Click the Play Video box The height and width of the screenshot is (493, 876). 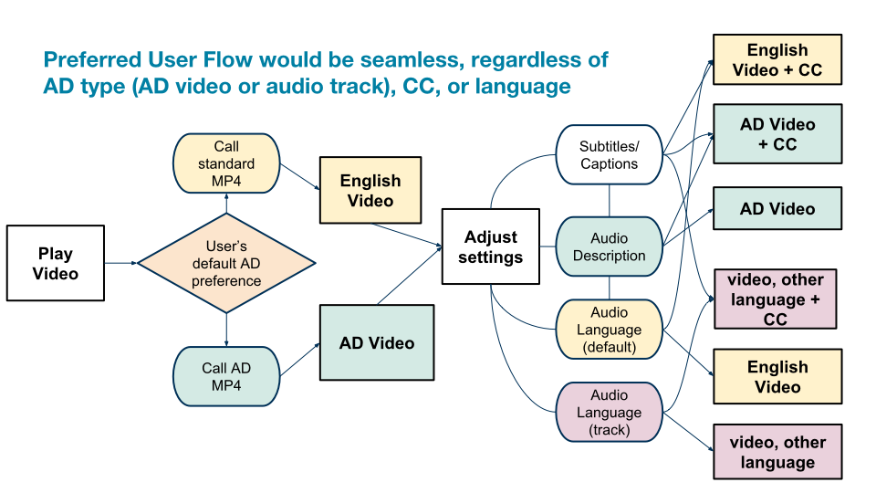[x=56, y=263]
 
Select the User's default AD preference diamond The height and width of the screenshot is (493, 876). [x=226, y=263]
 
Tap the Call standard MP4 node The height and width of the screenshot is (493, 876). [x=226, y=163]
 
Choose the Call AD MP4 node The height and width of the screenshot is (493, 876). [x=226, y=376]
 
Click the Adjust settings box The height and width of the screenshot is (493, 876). [x=491, y=246]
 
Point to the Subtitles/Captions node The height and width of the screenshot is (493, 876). [x=609, y=155]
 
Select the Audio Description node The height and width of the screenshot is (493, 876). [x=609, y=246]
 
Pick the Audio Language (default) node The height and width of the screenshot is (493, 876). [x=609, y=330]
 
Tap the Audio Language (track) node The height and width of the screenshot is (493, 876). [x=609, y=412]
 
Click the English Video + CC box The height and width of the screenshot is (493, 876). [x=777, y=60]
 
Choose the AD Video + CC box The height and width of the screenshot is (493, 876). [x=777, y=133]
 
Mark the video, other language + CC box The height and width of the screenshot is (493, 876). [x=775, y=299]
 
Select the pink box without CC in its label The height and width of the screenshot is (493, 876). [x=777, y=452]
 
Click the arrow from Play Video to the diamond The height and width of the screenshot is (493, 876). [x=120, y=263]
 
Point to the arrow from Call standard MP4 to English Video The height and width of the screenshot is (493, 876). [x=300, y=176]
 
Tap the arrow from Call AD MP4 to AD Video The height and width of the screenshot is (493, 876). [x=300, y=360]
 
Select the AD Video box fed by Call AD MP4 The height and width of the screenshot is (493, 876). [x=377, y=342]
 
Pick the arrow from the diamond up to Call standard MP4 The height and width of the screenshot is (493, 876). [x=226, y=203]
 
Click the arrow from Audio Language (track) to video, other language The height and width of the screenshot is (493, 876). [x=688, y=432]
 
